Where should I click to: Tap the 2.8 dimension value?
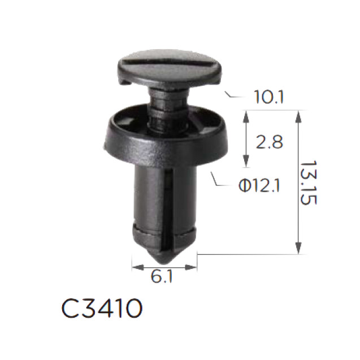coord(269,142)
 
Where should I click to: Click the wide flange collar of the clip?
coord(164,141)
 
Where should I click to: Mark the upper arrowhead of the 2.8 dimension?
coord(245,115)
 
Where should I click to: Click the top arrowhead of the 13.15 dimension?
coord(298,115)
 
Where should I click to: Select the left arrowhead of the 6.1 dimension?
coord(135,266)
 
